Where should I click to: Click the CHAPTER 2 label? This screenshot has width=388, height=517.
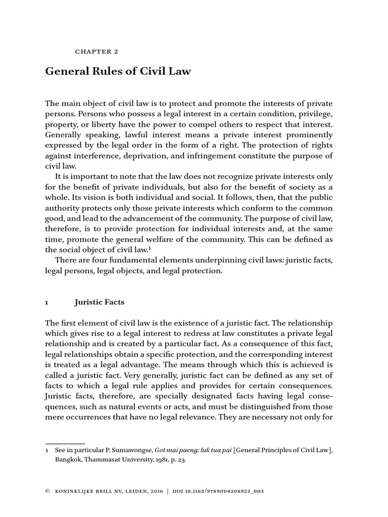(96, 50)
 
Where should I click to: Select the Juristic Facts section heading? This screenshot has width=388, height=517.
(99, 302)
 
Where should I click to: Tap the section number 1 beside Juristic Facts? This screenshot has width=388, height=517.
(47, 302)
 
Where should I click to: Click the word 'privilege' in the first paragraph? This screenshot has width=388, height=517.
(315, 113)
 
